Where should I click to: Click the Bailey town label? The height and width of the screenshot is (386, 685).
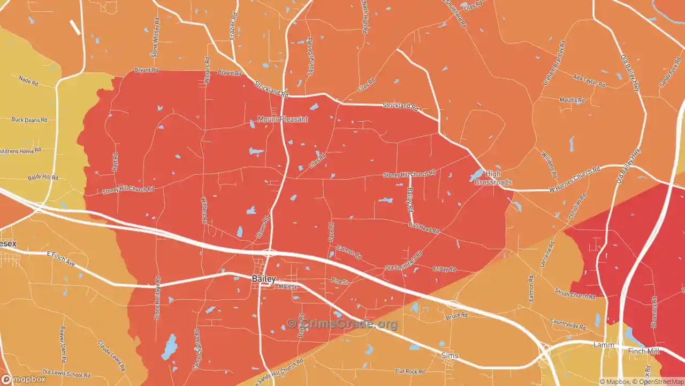tap(264, 279)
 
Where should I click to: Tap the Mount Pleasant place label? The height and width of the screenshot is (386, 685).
tap(283, 119)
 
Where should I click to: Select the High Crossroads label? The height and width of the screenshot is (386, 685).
tap(493, 178)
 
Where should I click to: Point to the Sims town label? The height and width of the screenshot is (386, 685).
tap(450, 355)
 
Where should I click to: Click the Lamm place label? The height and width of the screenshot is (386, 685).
tap(604, 345)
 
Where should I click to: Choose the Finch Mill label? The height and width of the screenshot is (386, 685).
tap(644, 351)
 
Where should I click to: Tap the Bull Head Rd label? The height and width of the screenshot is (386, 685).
tap(423, 228)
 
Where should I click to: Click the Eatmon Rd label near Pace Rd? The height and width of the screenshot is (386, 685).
tap(349, 252)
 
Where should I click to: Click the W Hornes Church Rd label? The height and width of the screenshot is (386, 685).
tap(574, 180)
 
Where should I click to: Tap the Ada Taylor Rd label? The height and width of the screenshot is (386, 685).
tap(589, 81)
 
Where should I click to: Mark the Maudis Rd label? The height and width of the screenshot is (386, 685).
tap(572, 100)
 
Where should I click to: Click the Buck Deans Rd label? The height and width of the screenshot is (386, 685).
tap(29, 120)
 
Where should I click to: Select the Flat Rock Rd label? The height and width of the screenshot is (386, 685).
tap(409, 371)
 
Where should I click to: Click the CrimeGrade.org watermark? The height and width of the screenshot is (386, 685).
tap(342, 324)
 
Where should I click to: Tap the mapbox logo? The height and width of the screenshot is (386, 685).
tap(24, 379)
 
